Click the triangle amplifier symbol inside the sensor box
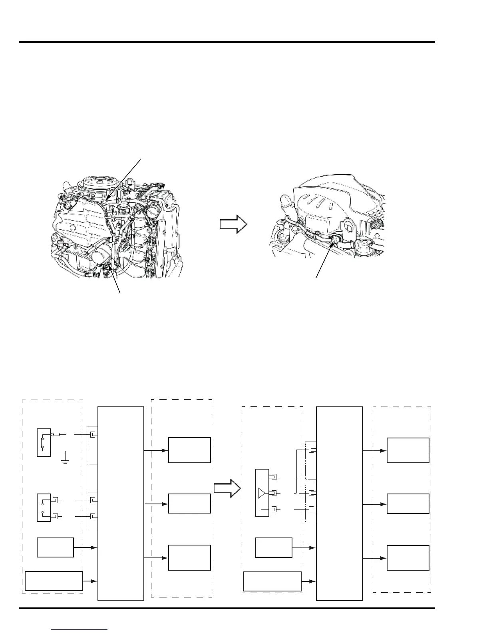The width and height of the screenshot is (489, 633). pyautogui.click(x=262, y=493)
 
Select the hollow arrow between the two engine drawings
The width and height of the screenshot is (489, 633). pyautogui.click(x=234, y=224)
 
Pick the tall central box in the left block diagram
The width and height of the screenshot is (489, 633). pyautogui.click(x=121, y=503)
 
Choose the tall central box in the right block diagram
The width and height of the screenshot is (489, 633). pyautogui.click(x=339, y=503)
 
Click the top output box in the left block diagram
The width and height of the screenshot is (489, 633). pyautogui.click(x=189, y=450)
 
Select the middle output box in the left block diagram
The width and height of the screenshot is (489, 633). pyautogui.click(x=189, y=504)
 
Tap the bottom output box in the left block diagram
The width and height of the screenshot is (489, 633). pyautogui.click(x=189, y=557)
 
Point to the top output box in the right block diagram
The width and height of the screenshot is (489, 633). pyautogui.click(x=408, y=450)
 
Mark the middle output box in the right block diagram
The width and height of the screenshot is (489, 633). pyautogui.click(x=408, y=504)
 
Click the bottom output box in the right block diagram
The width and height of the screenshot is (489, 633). pyautogui.click(x=408, y=557)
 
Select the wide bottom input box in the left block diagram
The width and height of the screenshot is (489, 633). pyautogui.click(x=54, y=581)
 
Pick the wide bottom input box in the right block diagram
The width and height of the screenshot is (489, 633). pyautogui.click(x=272, y=581)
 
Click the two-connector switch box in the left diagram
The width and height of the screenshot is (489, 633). pyautogui.click(x=44, y=508)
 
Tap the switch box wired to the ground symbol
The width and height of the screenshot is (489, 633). pyautogui.click(x=44, y=442)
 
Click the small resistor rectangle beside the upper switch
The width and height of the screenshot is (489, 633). pyautogui.click(x=56, y=434)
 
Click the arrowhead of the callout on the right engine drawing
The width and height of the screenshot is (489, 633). pyautogui.click(x=333, y=241)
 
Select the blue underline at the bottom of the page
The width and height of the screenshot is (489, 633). pyautogui.click(x=80, y=629)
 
